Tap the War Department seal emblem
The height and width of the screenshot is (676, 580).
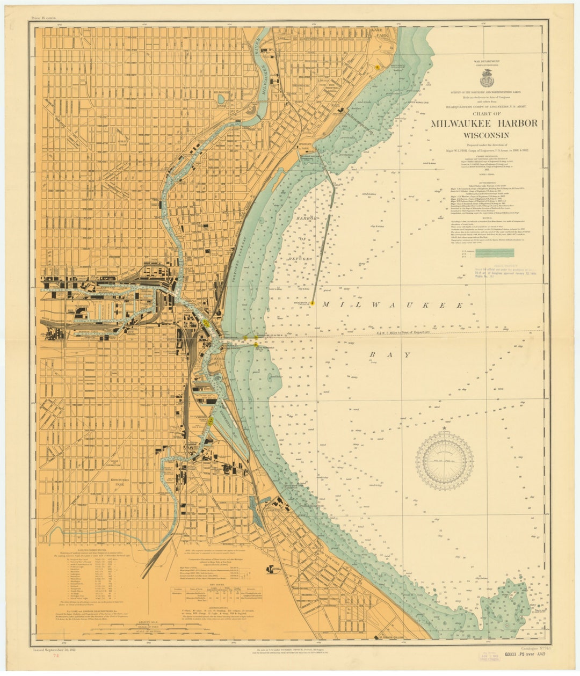[x=487, y=78]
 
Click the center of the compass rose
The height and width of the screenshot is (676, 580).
[x=444, y=461]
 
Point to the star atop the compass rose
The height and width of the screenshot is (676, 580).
[x=444, y=428]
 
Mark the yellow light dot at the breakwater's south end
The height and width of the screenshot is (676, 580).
[x=312, y=303]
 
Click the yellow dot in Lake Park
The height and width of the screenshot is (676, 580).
[x=378, y=67]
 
